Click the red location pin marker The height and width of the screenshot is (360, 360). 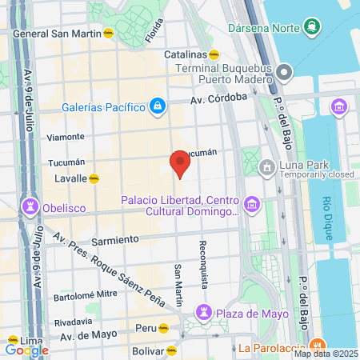[180, 166]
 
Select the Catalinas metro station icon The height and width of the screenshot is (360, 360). [214, 54]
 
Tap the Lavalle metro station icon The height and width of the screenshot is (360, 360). [94, 178]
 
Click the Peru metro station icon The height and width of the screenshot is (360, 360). [163, 328]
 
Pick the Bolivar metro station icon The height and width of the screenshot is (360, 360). [172, 350]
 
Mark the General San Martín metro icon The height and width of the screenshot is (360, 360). [109, 34]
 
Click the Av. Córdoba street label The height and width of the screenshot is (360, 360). [218, 101]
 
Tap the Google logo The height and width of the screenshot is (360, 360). [26, 350]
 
